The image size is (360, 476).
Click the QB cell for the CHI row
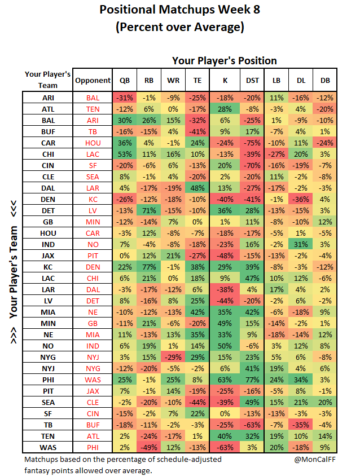[125, 154]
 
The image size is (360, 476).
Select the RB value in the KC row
[149, 267]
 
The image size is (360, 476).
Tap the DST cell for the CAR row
[252, 143]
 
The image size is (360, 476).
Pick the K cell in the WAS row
[225, 447]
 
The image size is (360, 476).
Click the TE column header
[197, 81]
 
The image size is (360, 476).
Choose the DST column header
[252, 81]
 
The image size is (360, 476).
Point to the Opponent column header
[93, 81]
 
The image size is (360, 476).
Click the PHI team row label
[48, 380]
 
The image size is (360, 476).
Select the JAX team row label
[48, 256]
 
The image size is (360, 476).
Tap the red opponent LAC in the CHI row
[93, 154]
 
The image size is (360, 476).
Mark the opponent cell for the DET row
[93, 211]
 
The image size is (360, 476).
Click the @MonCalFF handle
[315, 459]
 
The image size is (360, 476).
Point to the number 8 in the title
[256, 10]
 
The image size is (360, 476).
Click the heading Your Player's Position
[225, 61]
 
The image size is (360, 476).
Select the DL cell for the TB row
[301, 425]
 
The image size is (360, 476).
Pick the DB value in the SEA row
[325, 403]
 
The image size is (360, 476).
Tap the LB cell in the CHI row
[276, 154]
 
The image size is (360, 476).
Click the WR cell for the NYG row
[173, 358]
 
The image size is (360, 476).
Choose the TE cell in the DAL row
[197, 188]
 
